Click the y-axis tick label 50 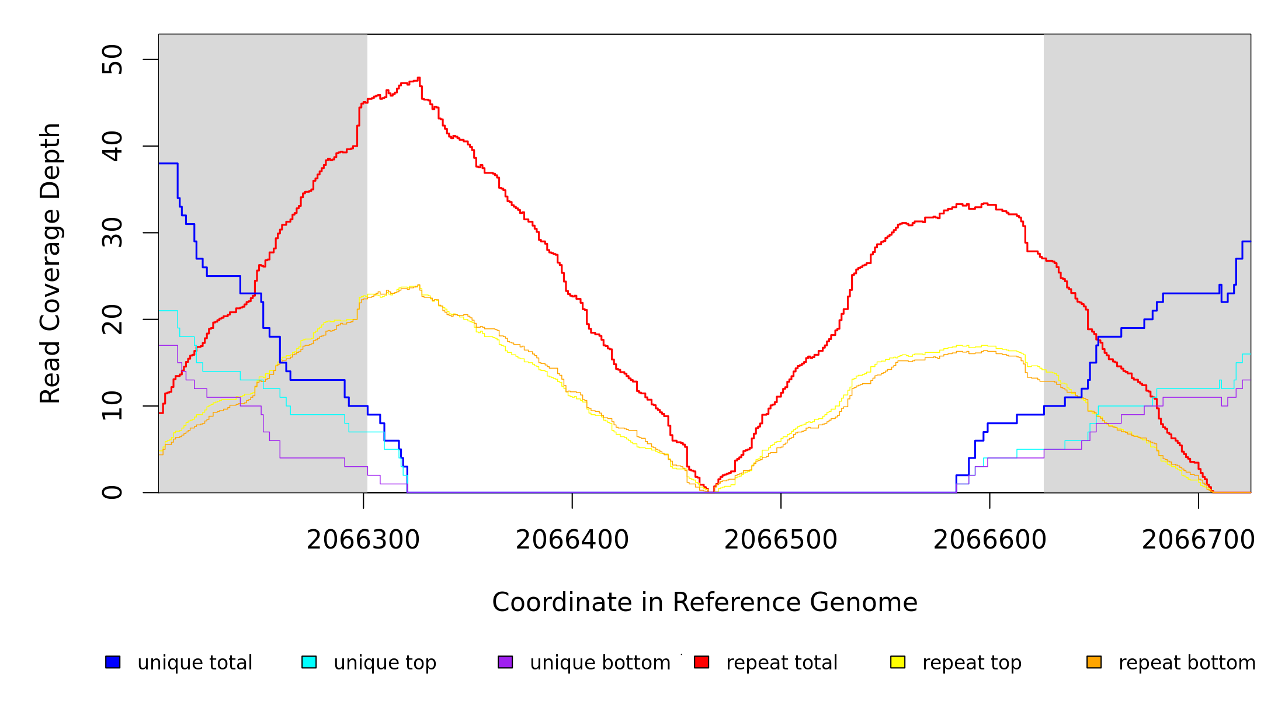112,60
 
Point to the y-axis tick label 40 112,146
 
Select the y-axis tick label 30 112,232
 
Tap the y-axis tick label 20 112,320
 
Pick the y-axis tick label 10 112,406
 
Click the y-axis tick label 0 112,492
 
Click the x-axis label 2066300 363,540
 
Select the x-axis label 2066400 572,540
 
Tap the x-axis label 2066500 781,540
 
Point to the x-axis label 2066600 989,540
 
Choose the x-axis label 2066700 1198,540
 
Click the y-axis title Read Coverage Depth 50,263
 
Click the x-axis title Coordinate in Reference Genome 704,602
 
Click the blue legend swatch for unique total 113,662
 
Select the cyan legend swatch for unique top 309,662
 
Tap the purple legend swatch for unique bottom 505,662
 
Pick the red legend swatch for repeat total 701,662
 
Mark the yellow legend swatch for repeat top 898,662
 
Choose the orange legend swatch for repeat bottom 1094,662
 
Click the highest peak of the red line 419,78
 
